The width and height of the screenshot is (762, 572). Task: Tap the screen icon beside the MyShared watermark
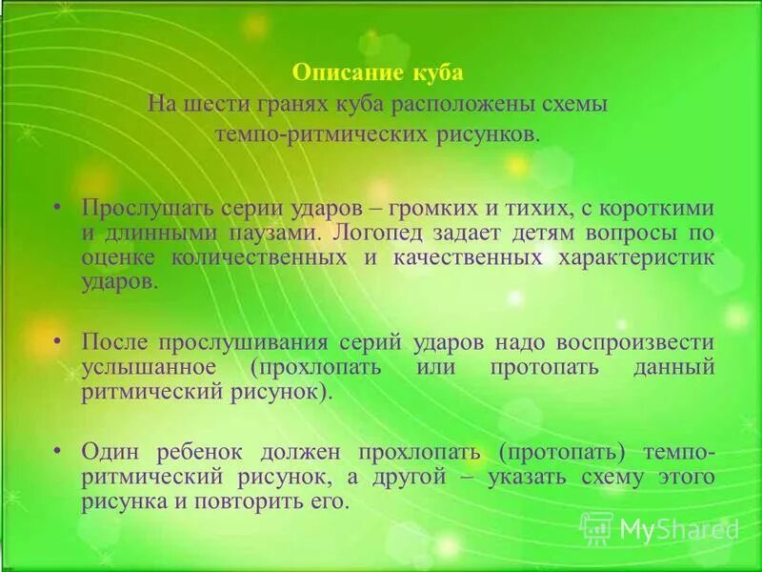click(x=596, y=528)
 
